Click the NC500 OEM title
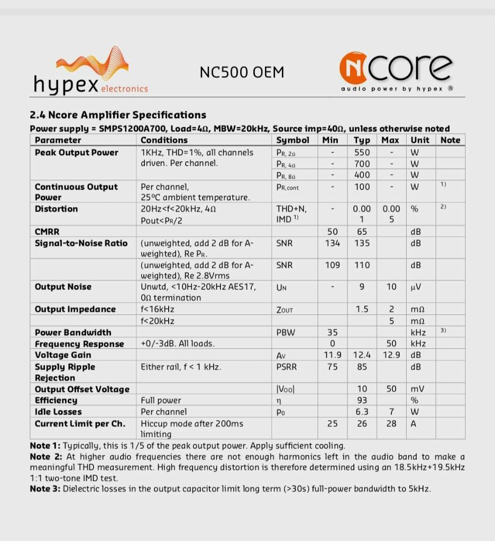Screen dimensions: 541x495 tap(242, 72)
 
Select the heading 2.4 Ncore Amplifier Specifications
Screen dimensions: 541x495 tap(118, 115)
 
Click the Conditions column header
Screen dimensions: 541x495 tap(164, 140)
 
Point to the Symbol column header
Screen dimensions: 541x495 tap(292, 140)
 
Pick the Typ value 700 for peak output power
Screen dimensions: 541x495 tap(362, 164)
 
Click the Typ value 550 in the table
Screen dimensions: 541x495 tap(362, 152)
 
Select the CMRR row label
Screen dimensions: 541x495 tap(47, 231)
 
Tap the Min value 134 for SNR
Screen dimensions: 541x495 tap(332, 243)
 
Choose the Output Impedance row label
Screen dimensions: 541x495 tap(75, 309)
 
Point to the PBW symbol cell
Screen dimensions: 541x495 tap(286, 332)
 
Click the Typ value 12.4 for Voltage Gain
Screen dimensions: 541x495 tap(362, 355)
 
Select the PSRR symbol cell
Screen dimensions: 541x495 tap(288, 367)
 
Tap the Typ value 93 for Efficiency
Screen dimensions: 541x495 tap(362, 400)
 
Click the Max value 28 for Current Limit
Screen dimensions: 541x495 tap(391, 424)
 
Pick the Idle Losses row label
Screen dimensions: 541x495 tap(58, 412)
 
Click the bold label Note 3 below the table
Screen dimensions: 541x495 tap(45, 489)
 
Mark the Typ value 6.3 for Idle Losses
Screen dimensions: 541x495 tap(362, 412)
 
